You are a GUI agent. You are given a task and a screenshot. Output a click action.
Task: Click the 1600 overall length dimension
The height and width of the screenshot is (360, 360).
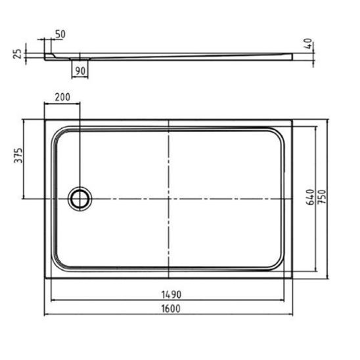(171, 309)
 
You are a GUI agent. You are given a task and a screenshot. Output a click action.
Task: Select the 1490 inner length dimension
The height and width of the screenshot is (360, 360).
(171, 294)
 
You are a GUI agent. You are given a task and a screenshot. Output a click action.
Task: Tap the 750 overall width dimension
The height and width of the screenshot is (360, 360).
(323, 197)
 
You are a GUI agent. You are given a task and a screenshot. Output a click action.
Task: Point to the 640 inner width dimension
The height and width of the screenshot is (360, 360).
(310, 197)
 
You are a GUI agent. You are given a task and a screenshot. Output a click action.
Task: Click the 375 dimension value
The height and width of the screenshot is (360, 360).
(18, 156)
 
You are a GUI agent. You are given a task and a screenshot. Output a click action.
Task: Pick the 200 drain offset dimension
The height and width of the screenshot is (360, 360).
(62, 97)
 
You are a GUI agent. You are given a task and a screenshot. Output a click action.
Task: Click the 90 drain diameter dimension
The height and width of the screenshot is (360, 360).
(80, 71)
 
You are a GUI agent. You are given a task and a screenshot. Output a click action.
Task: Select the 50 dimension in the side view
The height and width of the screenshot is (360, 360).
(60, 34)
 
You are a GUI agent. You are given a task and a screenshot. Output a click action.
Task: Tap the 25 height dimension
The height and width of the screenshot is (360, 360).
(18, 54)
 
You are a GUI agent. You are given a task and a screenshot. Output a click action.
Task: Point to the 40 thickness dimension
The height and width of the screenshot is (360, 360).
(307, 43)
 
